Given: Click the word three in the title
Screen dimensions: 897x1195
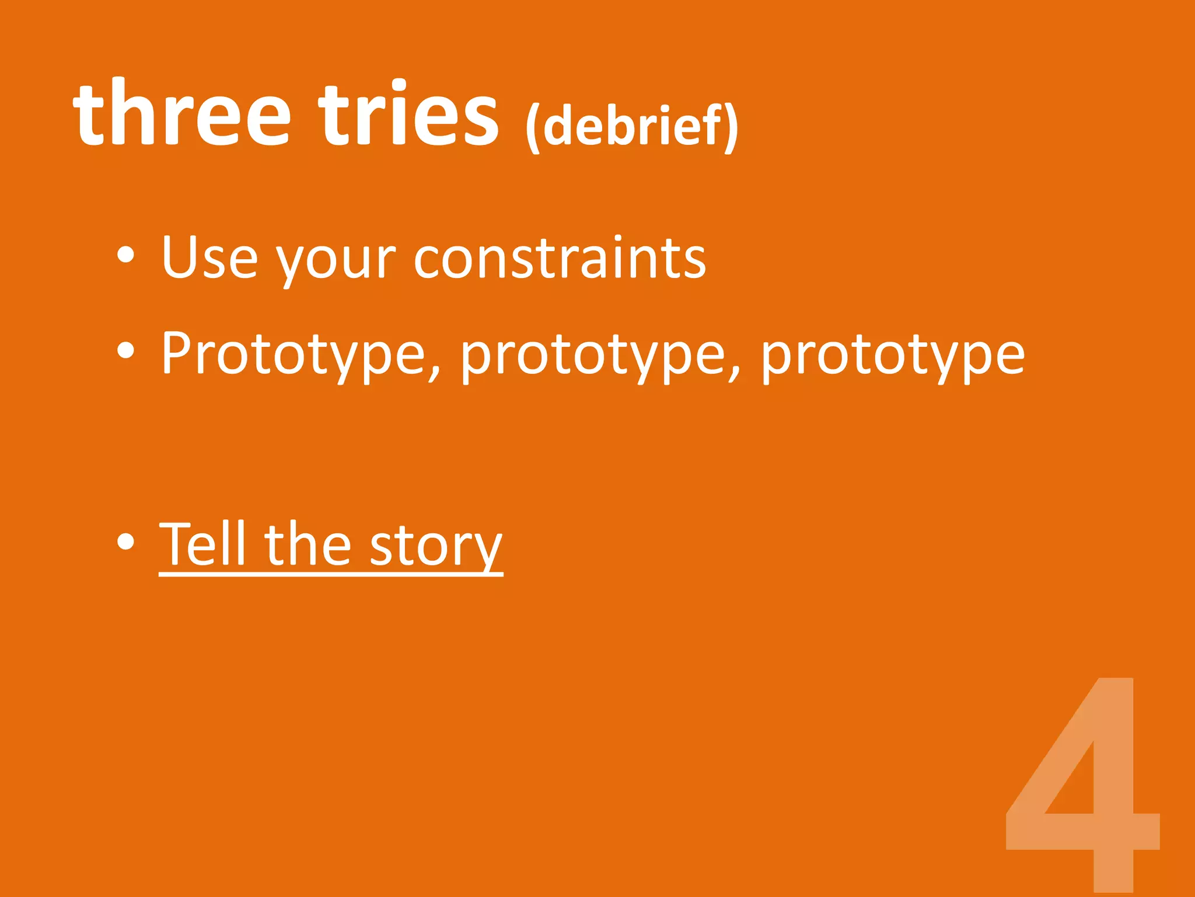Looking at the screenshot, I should (181, 114).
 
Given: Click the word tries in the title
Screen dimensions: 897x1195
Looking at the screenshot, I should (408, 114).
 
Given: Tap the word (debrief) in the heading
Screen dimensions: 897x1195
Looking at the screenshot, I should (632, 126).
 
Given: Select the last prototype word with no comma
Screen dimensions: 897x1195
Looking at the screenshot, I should (892, 354).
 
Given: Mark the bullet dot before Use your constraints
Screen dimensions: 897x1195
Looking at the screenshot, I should (125, 255).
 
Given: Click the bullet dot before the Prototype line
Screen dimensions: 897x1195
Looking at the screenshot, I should (125, 351).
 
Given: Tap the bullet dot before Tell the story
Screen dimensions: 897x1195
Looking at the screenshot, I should (125, 541).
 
